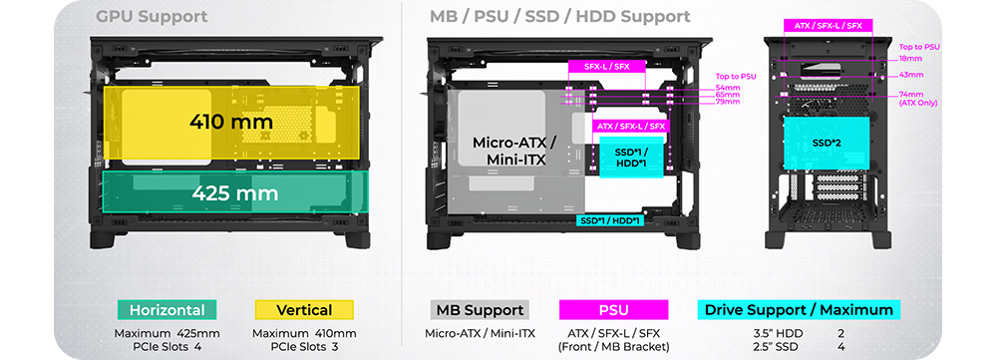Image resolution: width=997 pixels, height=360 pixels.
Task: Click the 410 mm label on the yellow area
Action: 231,122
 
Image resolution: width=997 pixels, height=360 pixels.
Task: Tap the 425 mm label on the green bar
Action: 235,192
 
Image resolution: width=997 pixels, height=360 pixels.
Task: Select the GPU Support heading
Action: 152,17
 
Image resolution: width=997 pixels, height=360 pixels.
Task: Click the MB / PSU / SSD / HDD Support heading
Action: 560,17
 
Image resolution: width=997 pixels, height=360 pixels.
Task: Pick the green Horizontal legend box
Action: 167,310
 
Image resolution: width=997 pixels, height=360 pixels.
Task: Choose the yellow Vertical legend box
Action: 304,310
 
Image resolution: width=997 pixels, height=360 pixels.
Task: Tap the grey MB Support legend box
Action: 480,310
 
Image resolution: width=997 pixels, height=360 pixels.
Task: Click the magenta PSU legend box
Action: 613,310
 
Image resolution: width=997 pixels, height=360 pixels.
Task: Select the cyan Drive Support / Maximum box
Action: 799,310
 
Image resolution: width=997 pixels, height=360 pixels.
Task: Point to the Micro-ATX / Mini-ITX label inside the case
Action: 514,151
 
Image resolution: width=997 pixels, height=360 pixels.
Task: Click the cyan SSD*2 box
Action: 827,143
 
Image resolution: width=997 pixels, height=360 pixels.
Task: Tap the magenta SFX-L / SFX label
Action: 606,66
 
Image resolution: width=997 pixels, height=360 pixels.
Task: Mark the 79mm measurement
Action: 728,102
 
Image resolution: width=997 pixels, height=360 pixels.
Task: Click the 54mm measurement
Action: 728,87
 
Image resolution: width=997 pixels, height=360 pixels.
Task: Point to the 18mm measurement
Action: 910,59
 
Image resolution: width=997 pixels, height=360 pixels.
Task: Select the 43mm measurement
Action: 910,75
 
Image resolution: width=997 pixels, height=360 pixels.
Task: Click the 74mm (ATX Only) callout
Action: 918,99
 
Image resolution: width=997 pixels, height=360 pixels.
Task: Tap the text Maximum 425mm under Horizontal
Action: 167,333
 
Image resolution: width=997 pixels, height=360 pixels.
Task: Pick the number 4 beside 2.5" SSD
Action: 841,347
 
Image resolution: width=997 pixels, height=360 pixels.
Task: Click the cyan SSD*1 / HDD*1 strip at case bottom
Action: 610,220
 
